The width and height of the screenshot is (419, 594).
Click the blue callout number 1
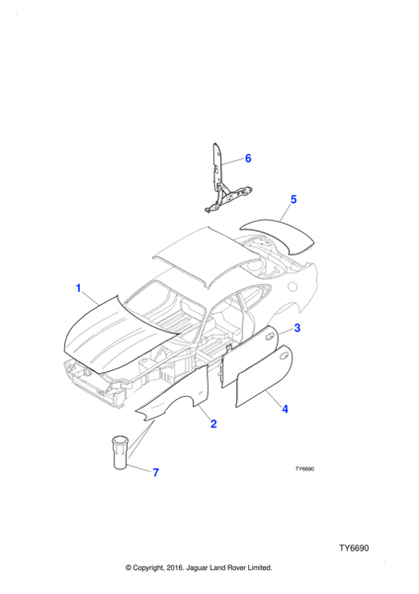point(79,288)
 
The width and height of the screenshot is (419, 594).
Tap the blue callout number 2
point(213,424)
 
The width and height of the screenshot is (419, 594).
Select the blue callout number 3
point(297,328)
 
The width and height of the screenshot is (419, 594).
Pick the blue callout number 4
point(286,409)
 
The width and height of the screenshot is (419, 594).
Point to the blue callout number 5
point(293,199)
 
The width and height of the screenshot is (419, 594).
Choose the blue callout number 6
point(248,158)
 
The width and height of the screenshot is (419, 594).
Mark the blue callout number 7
point(156,472)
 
